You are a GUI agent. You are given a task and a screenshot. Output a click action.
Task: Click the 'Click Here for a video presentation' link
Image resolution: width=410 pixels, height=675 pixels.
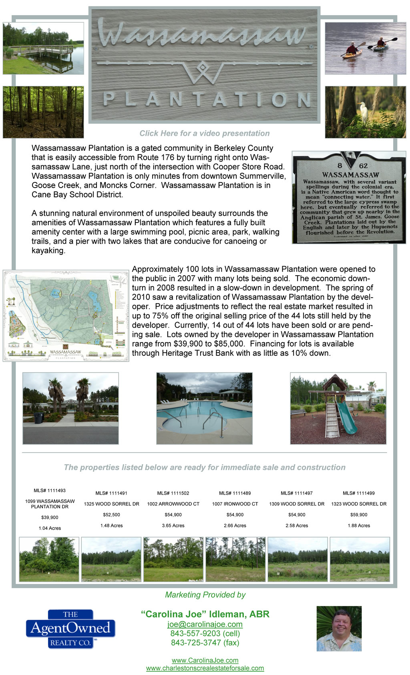205,133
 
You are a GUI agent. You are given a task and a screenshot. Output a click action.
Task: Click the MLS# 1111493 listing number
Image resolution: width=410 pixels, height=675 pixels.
50,491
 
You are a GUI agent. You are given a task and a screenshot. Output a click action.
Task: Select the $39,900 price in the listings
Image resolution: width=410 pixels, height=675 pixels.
50,517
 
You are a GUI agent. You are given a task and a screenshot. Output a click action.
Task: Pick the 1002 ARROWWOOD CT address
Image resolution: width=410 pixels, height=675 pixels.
173,504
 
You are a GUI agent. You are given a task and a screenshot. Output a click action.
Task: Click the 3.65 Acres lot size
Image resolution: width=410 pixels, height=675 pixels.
173,525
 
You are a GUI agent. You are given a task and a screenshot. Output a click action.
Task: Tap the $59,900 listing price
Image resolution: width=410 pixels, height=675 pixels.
359,515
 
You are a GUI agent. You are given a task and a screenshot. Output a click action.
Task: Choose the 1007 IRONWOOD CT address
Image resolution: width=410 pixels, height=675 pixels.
235,504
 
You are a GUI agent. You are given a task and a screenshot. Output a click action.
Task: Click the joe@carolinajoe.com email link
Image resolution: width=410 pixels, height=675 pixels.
205,624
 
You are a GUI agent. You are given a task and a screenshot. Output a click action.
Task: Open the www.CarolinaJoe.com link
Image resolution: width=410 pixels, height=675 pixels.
205,661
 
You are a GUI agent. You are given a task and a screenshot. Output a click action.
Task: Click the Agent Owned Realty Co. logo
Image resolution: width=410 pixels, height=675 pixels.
70,629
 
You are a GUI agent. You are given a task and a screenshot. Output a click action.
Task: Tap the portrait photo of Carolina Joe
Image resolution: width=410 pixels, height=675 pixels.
339,629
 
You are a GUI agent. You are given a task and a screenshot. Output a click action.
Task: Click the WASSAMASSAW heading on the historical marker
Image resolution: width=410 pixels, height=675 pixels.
350,175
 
